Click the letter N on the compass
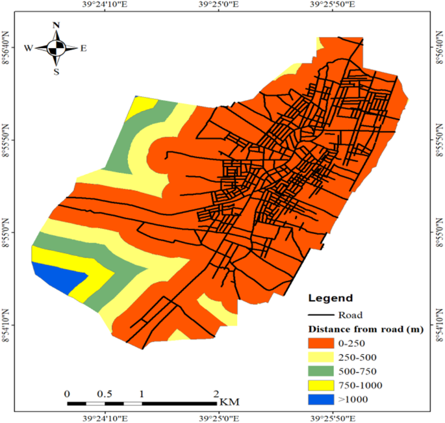point(57,26)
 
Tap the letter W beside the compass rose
point(29,47)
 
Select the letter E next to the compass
point(83,47)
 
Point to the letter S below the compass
point(57,71)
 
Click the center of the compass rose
point(57,47)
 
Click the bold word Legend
point(330,299)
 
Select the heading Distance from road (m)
point(366,329)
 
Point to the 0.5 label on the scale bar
point(105,394)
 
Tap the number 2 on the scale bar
point(216,394)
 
